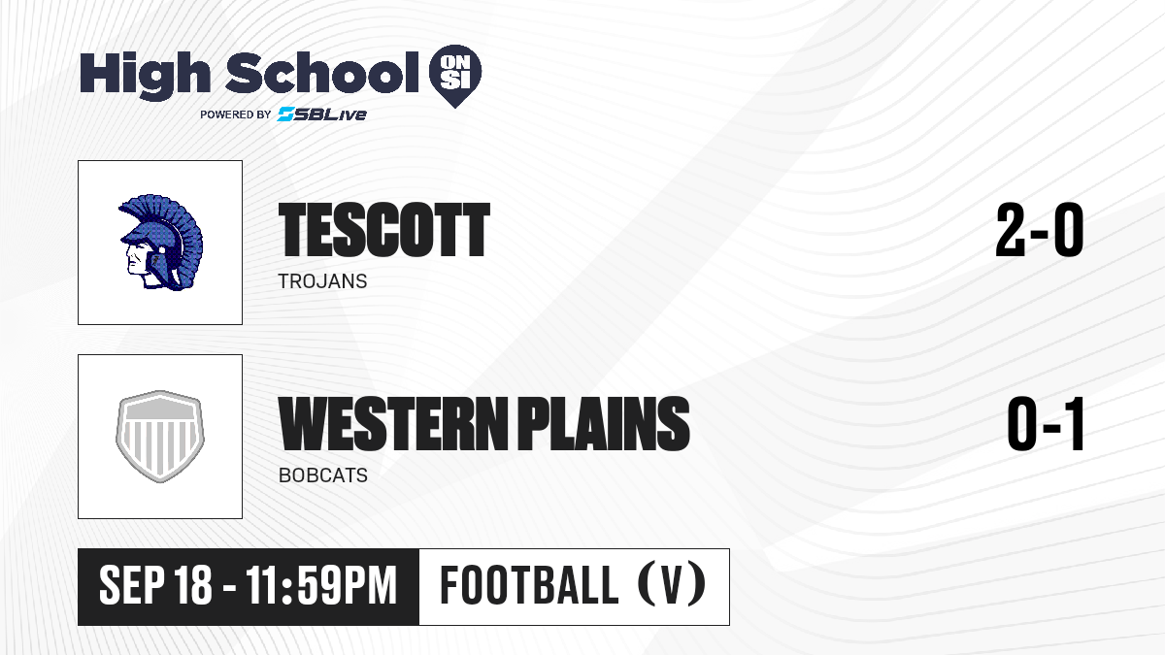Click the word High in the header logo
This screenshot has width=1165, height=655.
tap(145, 76)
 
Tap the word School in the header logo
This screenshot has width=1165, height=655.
tap(322, 73)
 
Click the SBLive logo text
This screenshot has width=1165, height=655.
tap(322, 114)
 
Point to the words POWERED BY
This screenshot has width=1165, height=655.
tap(236, 115)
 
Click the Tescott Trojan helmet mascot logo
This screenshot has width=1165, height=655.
tap(161, 243)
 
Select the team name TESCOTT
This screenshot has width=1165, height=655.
tap(384, 230)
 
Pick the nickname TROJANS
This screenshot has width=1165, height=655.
tap(323, 281)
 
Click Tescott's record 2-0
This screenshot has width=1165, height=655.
tap(1040, 230)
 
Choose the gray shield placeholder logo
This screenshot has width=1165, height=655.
tap(160, 437)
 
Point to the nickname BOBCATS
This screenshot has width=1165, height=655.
tap(323, 475)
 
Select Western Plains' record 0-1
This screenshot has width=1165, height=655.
tap(1046, 424)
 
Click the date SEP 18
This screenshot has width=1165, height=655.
tap(155, 586)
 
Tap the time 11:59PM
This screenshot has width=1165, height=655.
tap(321, 586)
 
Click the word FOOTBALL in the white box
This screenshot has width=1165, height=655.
tap(529, 585)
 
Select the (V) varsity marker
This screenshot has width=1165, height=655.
tap(671, 585)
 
